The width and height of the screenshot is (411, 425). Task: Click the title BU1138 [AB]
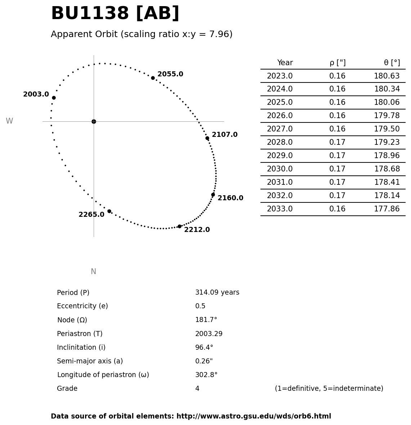[115, 14]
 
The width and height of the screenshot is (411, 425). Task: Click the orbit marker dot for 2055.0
[153, 78]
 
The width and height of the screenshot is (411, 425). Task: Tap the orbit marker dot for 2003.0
[54, 98]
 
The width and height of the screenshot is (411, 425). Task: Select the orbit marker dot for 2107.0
[207, 138]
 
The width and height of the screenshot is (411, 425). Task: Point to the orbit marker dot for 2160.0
[213, 194]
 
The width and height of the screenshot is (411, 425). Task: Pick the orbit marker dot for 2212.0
[179, 226]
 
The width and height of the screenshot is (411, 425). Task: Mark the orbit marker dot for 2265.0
[109, 211]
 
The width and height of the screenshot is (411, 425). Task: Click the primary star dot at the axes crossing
[94, 121]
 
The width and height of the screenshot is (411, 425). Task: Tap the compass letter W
[9, 121]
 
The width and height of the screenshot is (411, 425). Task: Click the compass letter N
[94, 272]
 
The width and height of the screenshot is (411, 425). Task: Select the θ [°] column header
[392, 63]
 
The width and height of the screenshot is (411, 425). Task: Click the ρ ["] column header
[337, 63]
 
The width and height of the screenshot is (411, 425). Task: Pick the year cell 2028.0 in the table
[280, 143]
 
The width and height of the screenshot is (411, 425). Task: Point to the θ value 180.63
[387, 76]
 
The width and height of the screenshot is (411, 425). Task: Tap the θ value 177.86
[387, 209]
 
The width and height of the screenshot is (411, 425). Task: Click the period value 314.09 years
[217, 292]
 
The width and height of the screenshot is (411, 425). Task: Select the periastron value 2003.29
[209, 334]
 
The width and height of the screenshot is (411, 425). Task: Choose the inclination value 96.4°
[204, 348]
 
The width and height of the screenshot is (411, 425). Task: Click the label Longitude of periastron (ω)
[103, 375]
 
